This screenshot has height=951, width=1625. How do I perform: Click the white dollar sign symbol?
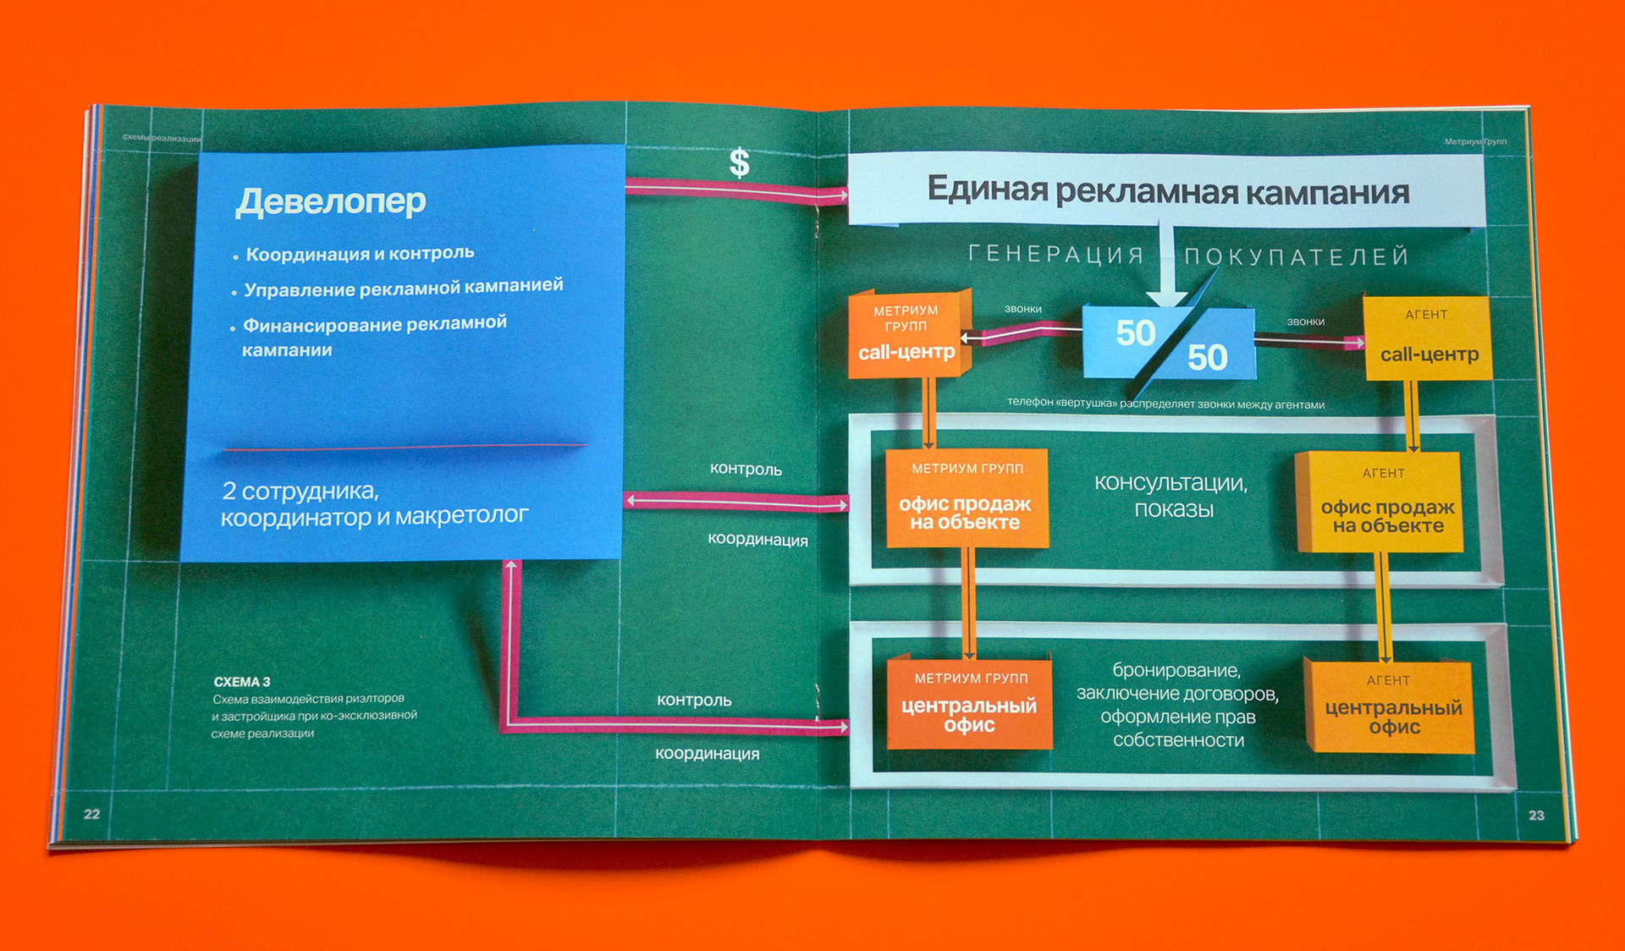tap(739, 162)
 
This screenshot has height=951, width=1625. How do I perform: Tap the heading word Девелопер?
tap(330, 201)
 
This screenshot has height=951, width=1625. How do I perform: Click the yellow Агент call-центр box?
tap(1428, 338)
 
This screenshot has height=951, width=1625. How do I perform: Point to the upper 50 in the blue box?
tap(1135, 333)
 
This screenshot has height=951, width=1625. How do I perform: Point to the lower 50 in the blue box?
tap(1207, 357)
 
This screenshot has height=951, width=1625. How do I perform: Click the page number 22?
tap(91, 814)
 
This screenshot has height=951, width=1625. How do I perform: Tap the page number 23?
tap(1536, 815)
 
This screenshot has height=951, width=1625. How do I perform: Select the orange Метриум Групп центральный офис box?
tap(969, 704)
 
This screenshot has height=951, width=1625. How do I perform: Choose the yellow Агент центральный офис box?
tap(1391, 707)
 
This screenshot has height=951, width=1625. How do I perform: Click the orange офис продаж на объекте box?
tap(966, 500)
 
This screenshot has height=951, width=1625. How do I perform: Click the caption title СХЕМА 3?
tap(242, 682)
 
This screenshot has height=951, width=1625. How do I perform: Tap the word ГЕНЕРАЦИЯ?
tap(1056, 254)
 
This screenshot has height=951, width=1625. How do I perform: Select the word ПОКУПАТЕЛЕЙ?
tap(1296, 256)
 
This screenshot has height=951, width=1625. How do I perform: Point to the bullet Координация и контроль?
tap(359, 254)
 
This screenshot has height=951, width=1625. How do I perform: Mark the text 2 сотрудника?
tap(300, 491)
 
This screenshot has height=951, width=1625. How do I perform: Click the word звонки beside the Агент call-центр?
tap(1305, 322)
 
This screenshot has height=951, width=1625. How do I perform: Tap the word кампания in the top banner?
tap(1327, 194)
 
